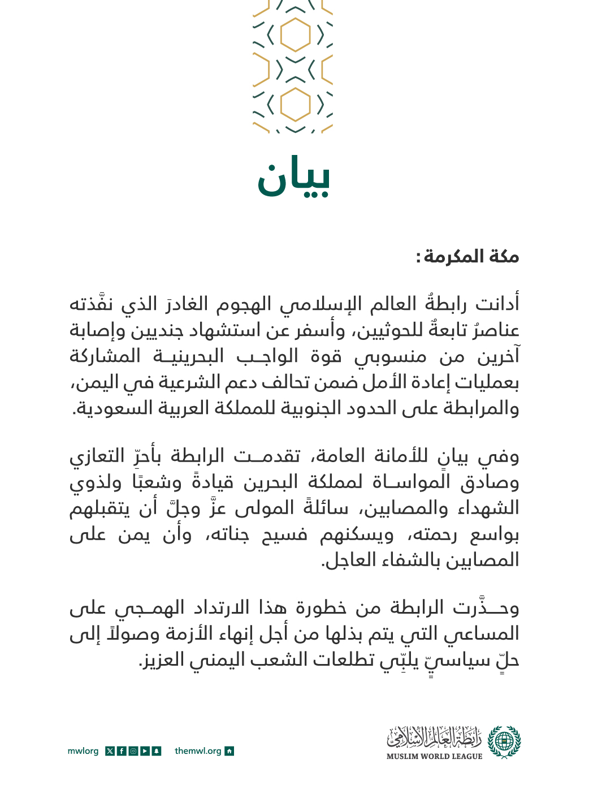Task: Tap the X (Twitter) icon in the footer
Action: coord(110,751)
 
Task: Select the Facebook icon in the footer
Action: coord(122,751)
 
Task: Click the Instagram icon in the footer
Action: coord(133,751)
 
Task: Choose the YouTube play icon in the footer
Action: coord(145,751)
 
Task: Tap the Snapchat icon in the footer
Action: coord(157,751)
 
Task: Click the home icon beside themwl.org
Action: coord(229,751)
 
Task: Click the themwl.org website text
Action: coord(198,751)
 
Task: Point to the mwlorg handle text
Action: coord(83,751)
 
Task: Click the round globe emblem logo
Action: coord(504,741)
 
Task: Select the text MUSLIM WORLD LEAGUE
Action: coord(434,756)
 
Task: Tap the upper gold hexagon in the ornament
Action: coord(295,35)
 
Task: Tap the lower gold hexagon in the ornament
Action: coord(295,104)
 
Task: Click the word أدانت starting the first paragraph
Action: coord(497,304)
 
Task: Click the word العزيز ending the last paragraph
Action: coord(161,660)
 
